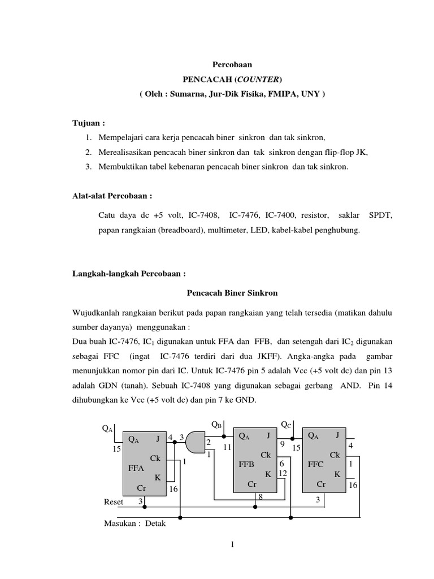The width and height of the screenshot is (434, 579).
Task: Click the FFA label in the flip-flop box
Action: [137, 468]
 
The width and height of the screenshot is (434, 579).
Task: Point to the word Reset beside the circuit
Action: [114, 502]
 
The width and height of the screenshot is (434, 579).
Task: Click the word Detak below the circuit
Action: [155, 524]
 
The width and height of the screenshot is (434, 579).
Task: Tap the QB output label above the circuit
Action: [216, 424]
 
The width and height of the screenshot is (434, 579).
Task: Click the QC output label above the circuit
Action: [287, 424]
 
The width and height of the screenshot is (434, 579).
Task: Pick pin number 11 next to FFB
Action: [227, 448]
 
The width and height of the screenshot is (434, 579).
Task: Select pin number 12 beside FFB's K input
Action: [283, 473]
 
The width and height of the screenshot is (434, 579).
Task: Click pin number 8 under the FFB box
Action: [261, 496]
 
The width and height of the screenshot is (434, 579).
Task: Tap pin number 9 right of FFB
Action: [281, 443]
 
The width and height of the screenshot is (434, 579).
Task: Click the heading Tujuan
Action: [87, 123]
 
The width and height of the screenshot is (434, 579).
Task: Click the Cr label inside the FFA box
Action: [141, 487]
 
